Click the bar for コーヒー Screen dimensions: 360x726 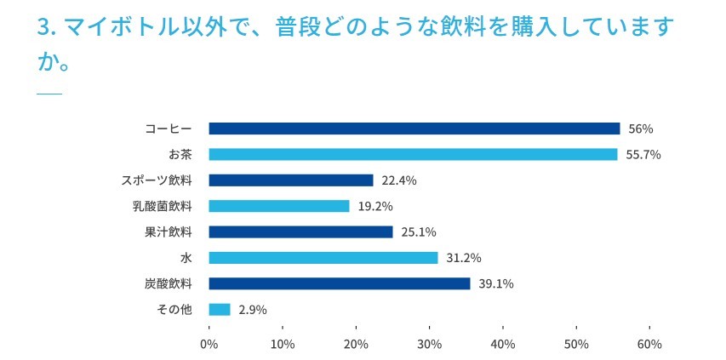(x=414, y=129)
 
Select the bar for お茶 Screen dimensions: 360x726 (x=413, y=154)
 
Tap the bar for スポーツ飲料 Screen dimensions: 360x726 (x=291, y=180)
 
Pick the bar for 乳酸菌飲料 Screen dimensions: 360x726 (x=279, y=206)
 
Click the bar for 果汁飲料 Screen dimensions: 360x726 (x=300, y=231)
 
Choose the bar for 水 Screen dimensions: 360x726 (x=323, y=258)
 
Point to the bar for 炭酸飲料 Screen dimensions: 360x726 (x=340, y=283)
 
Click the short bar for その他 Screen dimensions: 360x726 (x=220, y=309)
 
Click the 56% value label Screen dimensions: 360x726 (x=640, y=129)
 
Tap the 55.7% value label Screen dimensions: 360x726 (x=644, y=155)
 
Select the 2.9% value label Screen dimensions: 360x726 (x=252, y=310)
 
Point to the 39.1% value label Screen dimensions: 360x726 (x=496, y=284)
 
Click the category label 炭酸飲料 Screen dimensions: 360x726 (x=169, y=283)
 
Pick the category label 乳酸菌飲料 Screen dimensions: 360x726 (x=163, y=206)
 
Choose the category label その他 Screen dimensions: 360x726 (x=174, y=309)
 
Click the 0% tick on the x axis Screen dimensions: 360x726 (x=209, y=344)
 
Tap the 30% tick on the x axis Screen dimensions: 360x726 (x=429, y=344)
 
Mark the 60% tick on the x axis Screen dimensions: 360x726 (x=649, y=344)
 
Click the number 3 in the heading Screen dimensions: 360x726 (x=43, y=27)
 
